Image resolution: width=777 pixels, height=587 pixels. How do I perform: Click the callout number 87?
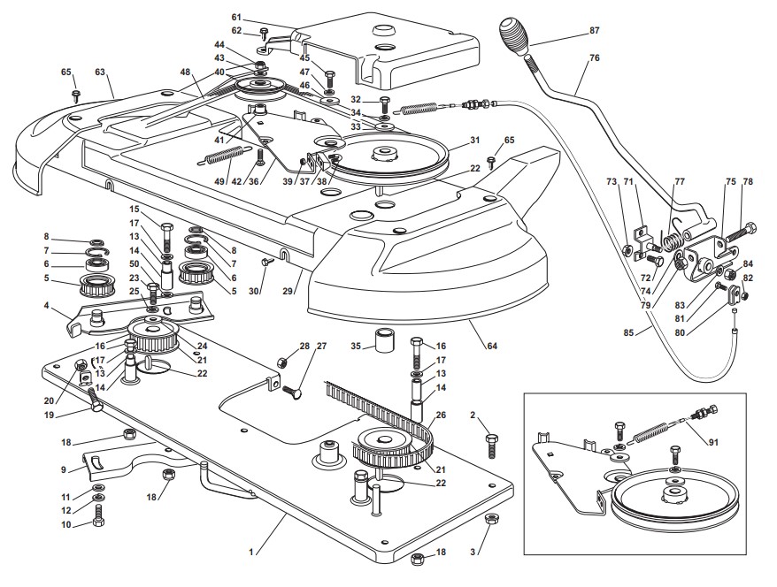tap(595, 31)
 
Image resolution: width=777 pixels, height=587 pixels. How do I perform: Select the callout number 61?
tap(236, 17)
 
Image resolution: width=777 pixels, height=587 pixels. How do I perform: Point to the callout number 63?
tap(100, 72)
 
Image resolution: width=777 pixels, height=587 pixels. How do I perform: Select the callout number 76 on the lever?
tap(595, 57)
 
